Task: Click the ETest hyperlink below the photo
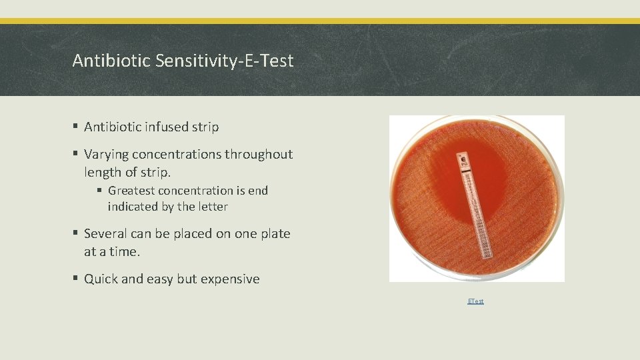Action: [475, 301]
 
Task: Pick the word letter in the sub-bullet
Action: [213, 207]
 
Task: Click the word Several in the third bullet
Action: [105, 234]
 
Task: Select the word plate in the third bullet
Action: [274, 234]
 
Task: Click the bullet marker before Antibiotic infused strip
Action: [77, 127]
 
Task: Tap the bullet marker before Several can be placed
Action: [77, 234]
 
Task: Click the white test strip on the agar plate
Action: [470, 207]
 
